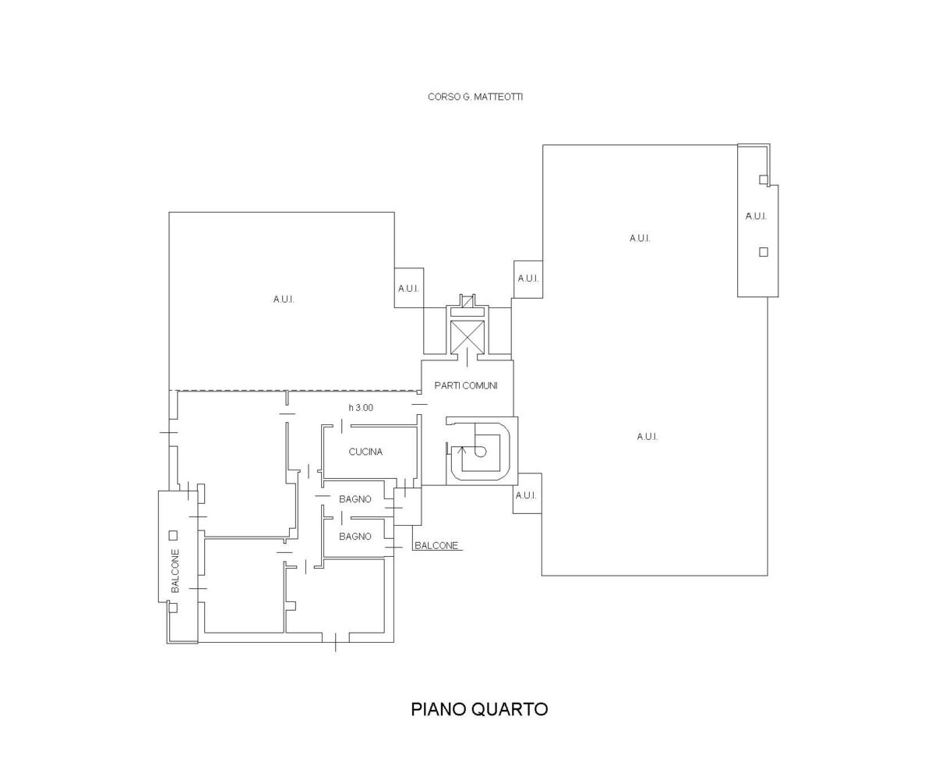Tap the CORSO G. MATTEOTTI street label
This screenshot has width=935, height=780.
[475, 97]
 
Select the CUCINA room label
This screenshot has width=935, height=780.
[365, 452]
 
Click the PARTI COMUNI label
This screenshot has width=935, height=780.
[466, 385]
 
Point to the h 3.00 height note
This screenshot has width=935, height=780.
[361, 407]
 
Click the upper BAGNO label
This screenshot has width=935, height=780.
[355, 499]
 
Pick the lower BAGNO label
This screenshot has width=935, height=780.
[355, 536]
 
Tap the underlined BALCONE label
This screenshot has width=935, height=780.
[436, 545]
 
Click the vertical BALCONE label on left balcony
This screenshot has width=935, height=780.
[175, 571]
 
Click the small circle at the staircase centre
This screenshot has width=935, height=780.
[480, 452]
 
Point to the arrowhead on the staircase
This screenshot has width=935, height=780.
[463, 449]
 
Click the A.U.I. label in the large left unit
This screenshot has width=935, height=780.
[284, 300]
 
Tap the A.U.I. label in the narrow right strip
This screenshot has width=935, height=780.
[756, 216]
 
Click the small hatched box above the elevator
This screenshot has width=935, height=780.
[467, 301]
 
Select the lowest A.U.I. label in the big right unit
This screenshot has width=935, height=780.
[647, 436]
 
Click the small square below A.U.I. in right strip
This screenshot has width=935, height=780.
[764, 252]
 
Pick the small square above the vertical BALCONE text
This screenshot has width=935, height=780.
[173, 535]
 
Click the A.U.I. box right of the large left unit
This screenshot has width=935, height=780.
[409, 288]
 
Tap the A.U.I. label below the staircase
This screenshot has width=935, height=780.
[526, 495]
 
